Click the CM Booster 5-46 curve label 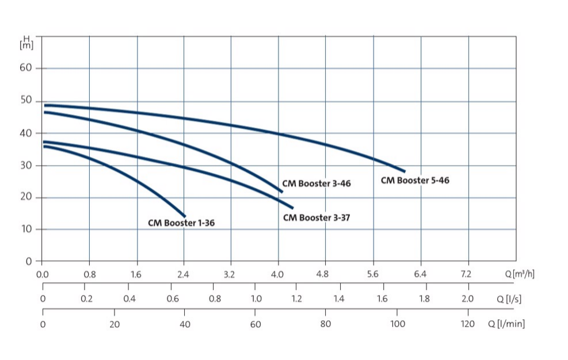click(x=415, y=181)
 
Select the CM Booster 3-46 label click(x=316, y=184)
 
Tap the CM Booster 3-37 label click(x=316, y=218)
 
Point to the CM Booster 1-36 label click(x=181, y=223)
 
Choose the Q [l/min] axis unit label click(x=506, y=324)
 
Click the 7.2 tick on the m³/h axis click(x=467, y=274)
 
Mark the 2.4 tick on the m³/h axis click(x=183, y=274)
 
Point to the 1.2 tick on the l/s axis click(x=296, y=299)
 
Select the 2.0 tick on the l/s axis click(x=467, y=299)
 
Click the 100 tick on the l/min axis click(x=397, y=324)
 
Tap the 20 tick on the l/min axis click(x=114, y=324)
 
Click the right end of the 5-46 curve click(x=405, y=171)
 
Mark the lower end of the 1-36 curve click(x=185, y=216)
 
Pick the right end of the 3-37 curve click(x=292, y=208)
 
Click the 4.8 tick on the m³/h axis click(x=326, y=274)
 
